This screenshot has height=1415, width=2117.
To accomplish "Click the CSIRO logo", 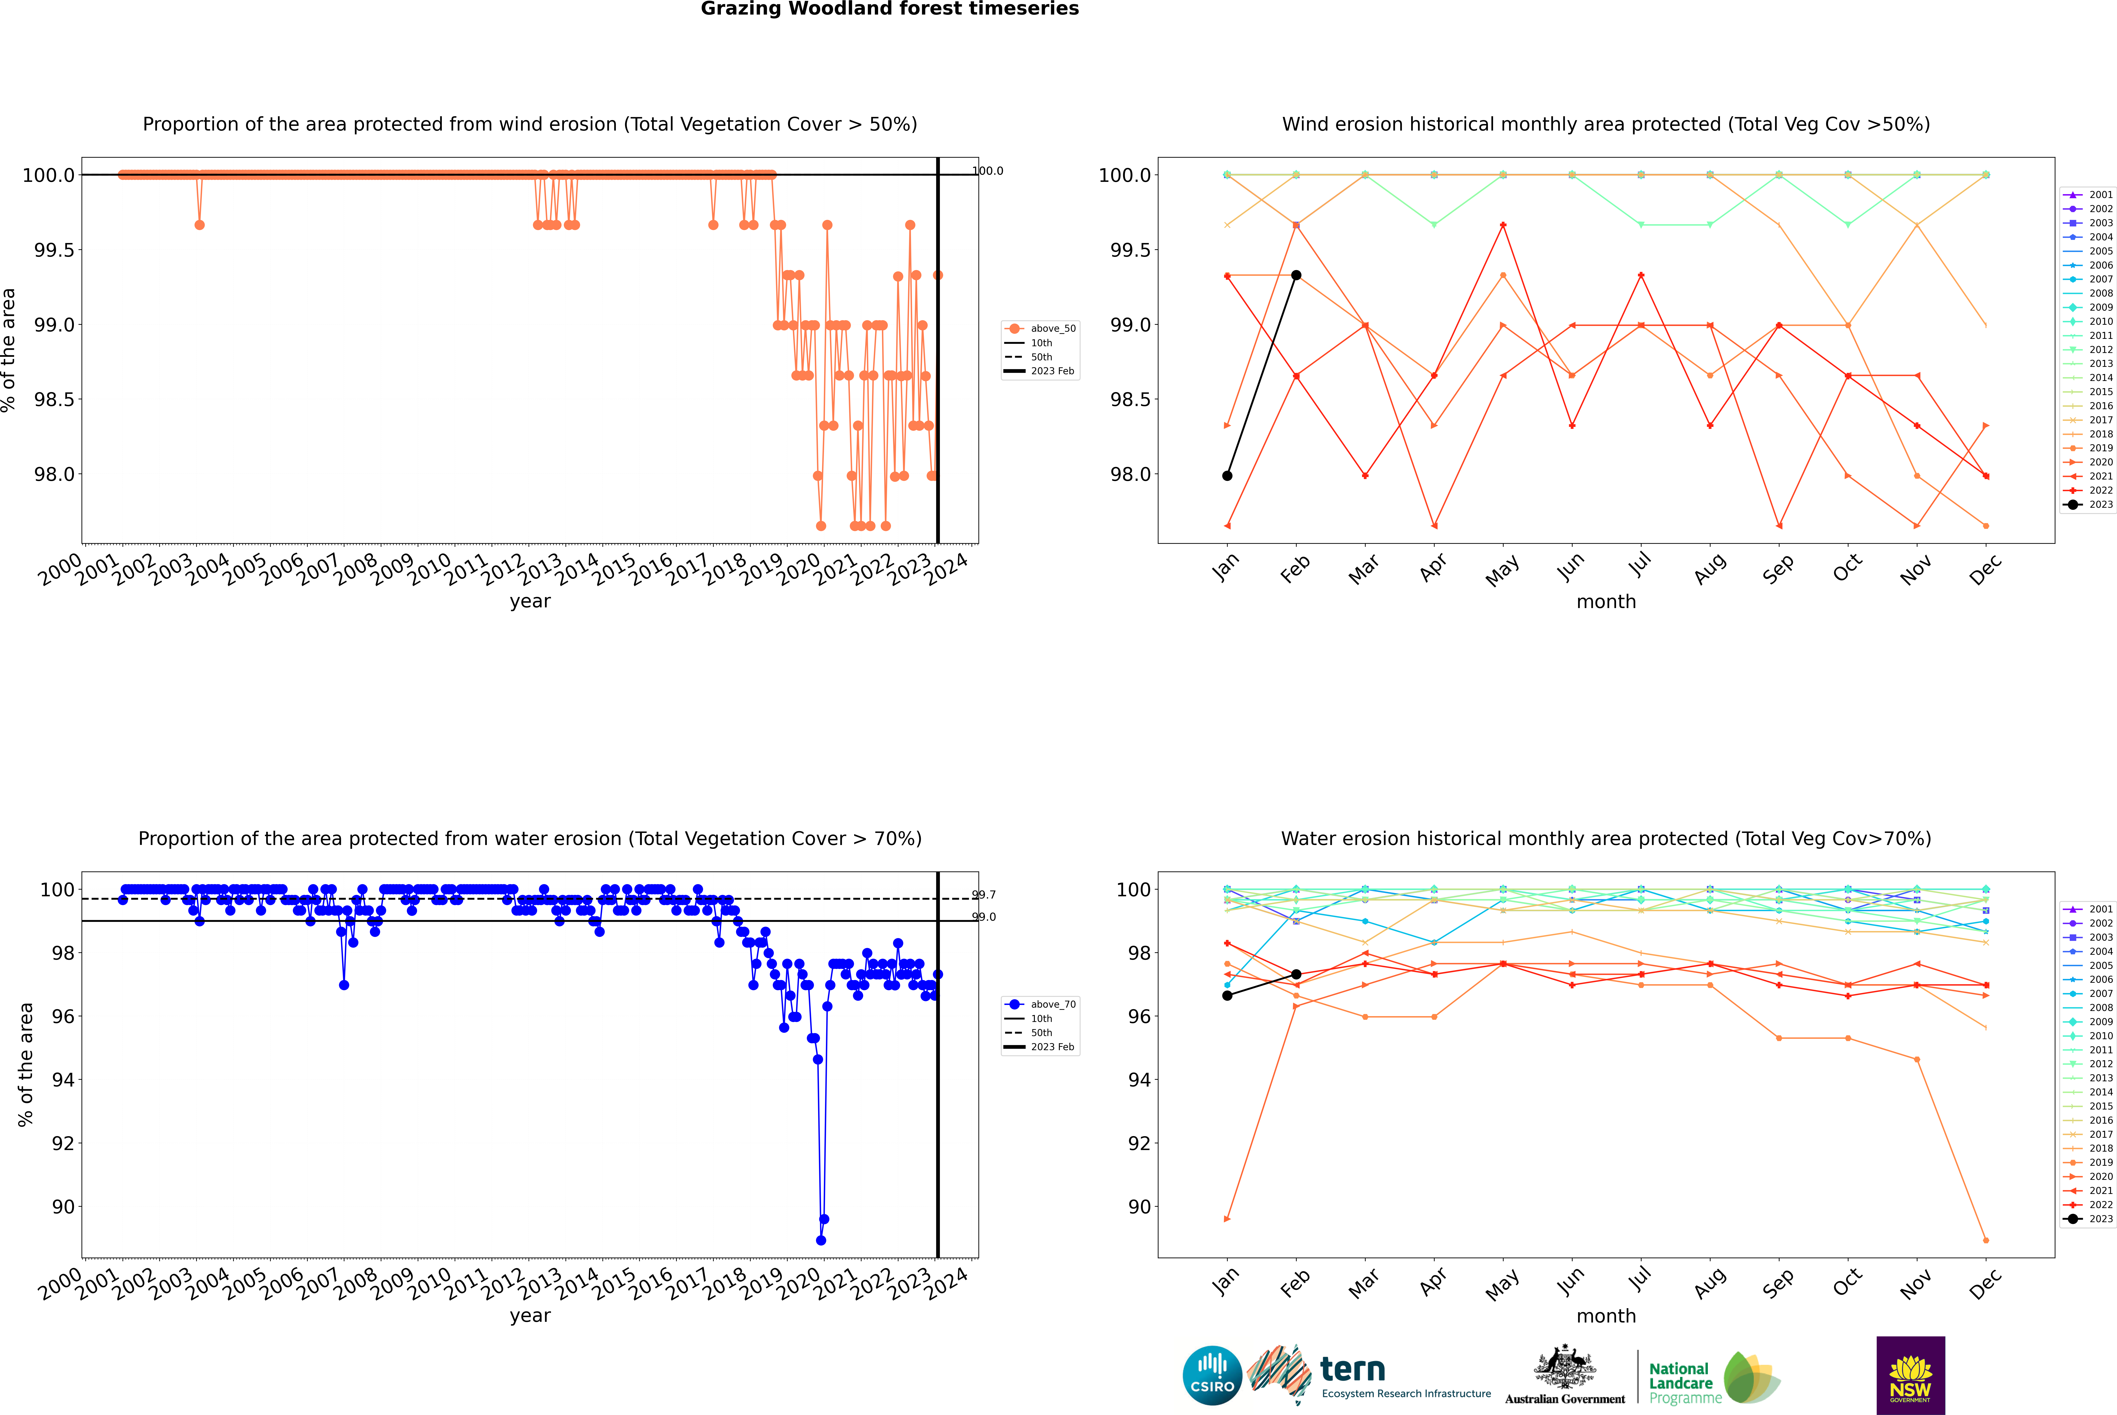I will (x=1212, y=1375).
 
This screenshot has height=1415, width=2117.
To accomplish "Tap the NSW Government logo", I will (x=1910, y=1375).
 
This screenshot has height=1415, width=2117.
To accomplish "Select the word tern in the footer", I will (x=1352, y=1369).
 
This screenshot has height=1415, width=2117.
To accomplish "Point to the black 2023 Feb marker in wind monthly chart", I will (x=1296, y=275).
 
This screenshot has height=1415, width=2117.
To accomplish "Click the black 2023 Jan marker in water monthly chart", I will (x=1227, y=995).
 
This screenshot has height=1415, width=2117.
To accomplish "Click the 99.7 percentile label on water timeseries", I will (x=984, y=895).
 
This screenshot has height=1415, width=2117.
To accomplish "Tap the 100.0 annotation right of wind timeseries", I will (x=987, y=171).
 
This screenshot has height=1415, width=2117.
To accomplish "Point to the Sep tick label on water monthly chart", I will (x=1778, y=1284).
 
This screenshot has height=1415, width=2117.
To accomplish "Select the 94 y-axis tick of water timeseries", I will (x=63, y=1080).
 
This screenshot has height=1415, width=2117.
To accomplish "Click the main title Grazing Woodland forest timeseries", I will (x=890, y=9).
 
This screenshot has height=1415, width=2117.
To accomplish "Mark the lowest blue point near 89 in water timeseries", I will (x=820, y=1240).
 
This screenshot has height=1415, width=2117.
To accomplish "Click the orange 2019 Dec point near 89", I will (x=1985, y=1240).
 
